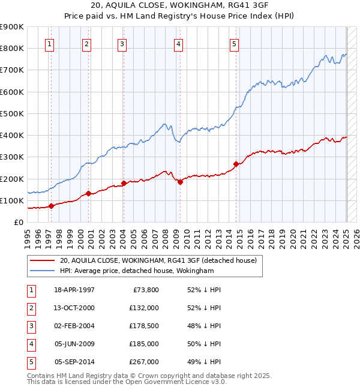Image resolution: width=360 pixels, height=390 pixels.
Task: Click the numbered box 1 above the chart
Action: (49, 43)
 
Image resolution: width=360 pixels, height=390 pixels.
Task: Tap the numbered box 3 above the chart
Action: (122, 43)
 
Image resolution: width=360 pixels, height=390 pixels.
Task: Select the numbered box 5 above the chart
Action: (234, 43)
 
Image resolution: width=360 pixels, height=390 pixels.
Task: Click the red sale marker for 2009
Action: (180, 182)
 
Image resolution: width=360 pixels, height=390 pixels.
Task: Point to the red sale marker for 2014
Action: (236, 164)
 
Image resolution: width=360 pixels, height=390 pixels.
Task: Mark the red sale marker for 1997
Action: (52, 206)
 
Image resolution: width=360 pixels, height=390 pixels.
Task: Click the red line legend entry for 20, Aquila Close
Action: (158, 260)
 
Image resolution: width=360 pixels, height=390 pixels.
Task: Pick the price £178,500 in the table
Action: (143, 326)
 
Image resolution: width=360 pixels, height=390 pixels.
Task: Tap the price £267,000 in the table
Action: (143, 362)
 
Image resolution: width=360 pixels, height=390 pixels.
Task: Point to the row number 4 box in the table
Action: (32, 344)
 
